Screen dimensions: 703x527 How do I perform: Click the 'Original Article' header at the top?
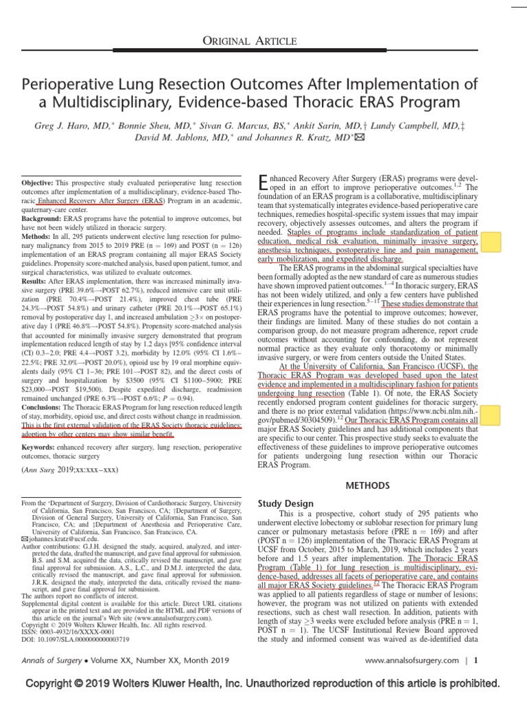click(263, 43)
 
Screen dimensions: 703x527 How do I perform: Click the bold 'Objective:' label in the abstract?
click(42, 185)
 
